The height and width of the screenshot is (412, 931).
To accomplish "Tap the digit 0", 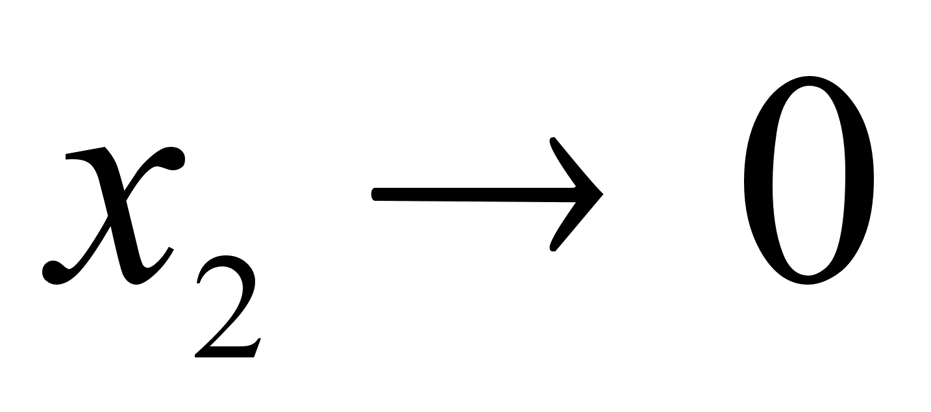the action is coord(809,180).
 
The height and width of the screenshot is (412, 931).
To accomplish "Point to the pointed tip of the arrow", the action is coord(602,194).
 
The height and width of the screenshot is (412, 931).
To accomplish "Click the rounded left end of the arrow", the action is coord(374,194).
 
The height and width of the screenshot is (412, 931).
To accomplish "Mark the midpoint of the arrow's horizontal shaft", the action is coord(474,194).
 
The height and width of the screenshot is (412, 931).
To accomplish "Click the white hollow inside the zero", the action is coord(809,180).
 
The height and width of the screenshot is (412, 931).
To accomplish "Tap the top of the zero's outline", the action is coord(809,81).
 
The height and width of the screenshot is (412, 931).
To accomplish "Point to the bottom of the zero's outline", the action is coord(808,280).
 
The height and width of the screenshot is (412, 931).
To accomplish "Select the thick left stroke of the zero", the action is coord(758,180).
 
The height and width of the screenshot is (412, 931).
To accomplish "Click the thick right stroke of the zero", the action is coord(860,180).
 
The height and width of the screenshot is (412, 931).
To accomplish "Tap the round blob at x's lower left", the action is coord(53,272).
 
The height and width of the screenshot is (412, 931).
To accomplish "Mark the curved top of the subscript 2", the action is coord(227,262).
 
